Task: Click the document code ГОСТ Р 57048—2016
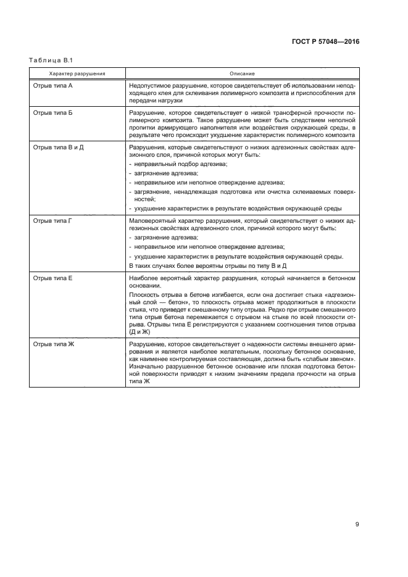[x=325, y=42]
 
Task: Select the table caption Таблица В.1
[x=51, y=60]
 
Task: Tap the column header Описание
[x=242, y=73]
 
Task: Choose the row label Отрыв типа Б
[x=52, y=114]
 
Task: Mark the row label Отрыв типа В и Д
[x=58, y=149]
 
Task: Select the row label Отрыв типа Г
[x=52, y=220]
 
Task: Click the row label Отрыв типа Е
[x=52, y=279]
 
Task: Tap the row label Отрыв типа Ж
[x=53, y=343]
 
